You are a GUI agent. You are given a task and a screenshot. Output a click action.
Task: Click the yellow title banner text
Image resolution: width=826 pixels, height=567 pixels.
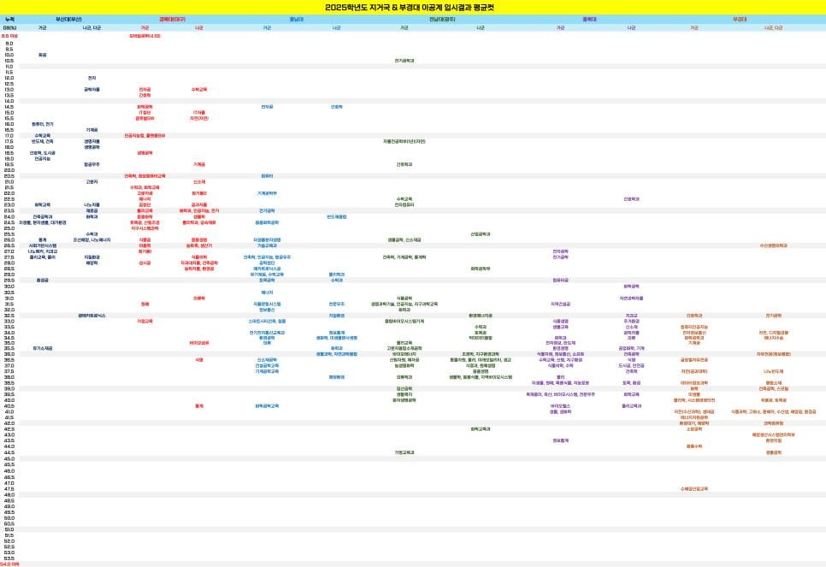point(413,7)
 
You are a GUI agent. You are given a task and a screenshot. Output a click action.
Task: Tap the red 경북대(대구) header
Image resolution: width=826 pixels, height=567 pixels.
point(172,18)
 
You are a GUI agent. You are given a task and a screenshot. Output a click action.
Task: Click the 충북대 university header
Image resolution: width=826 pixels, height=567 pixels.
point(589,18)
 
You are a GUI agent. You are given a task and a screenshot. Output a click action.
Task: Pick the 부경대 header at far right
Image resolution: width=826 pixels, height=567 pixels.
point(739,18)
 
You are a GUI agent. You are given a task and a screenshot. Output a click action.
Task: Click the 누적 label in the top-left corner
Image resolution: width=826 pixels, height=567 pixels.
point(9,18)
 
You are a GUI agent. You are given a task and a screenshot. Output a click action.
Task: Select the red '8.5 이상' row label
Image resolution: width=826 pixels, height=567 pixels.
point(10,36)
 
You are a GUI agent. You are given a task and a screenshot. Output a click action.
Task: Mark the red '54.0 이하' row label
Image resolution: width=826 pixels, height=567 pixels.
point(10,564)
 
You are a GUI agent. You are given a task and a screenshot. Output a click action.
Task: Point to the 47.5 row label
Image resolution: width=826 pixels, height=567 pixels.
point(9,488)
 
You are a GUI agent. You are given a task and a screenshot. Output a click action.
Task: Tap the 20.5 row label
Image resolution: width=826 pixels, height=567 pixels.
point(9,175)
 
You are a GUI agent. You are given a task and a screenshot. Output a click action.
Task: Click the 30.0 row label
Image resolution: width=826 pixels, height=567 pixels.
point(9,286)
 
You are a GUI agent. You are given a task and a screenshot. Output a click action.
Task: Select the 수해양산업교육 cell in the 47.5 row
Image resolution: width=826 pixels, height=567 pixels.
point(693,488)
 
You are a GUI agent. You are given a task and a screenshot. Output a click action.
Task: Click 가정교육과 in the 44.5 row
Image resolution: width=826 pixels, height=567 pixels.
point(404,452)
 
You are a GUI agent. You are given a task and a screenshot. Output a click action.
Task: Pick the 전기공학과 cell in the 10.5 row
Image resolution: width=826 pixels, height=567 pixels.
point(404,61)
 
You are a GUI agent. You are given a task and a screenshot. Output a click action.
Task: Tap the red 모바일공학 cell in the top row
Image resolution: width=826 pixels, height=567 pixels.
point(145,36)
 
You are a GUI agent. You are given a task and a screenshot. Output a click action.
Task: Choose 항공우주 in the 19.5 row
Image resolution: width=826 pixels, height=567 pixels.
point(91,164)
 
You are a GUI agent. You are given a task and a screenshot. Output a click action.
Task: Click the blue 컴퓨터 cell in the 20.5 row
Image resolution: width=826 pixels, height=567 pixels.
point(267,175)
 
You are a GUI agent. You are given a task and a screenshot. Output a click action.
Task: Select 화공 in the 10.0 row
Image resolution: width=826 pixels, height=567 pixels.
point(43,55)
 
